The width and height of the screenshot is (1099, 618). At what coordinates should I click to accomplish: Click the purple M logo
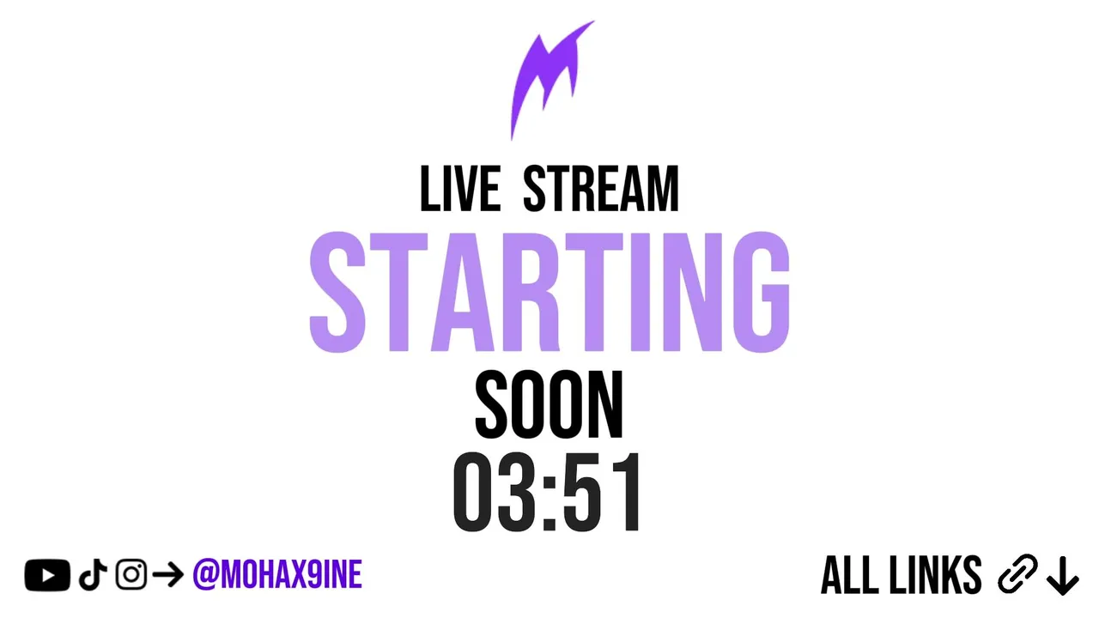544,74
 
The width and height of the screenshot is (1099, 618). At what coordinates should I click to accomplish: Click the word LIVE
460,189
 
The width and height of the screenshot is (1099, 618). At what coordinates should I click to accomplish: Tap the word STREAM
601,189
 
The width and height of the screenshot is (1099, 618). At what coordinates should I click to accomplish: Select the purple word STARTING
549,293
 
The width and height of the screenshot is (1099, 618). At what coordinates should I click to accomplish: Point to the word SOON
549,404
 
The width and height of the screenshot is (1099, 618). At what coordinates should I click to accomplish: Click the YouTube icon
47,575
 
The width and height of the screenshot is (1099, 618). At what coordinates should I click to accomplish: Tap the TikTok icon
93,574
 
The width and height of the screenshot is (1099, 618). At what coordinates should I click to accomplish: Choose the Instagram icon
131,574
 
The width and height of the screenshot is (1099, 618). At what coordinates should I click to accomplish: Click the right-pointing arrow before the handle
167,575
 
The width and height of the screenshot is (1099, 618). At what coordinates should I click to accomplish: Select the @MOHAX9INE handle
277,574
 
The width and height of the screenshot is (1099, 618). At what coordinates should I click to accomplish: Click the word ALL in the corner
850,575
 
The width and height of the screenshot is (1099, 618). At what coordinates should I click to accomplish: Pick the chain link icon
1017,574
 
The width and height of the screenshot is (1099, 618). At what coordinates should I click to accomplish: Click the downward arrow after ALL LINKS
1063,576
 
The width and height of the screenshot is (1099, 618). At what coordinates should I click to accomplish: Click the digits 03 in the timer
495,493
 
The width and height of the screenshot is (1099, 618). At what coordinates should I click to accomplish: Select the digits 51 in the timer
601,493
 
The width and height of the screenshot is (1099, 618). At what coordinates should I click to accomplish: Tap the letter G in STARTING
761,293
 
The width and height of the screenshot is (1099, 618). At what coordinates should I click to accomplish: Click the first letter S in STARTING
337,293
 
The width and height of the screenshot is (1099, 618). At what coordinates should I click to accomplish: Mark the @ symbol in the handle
206,574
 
